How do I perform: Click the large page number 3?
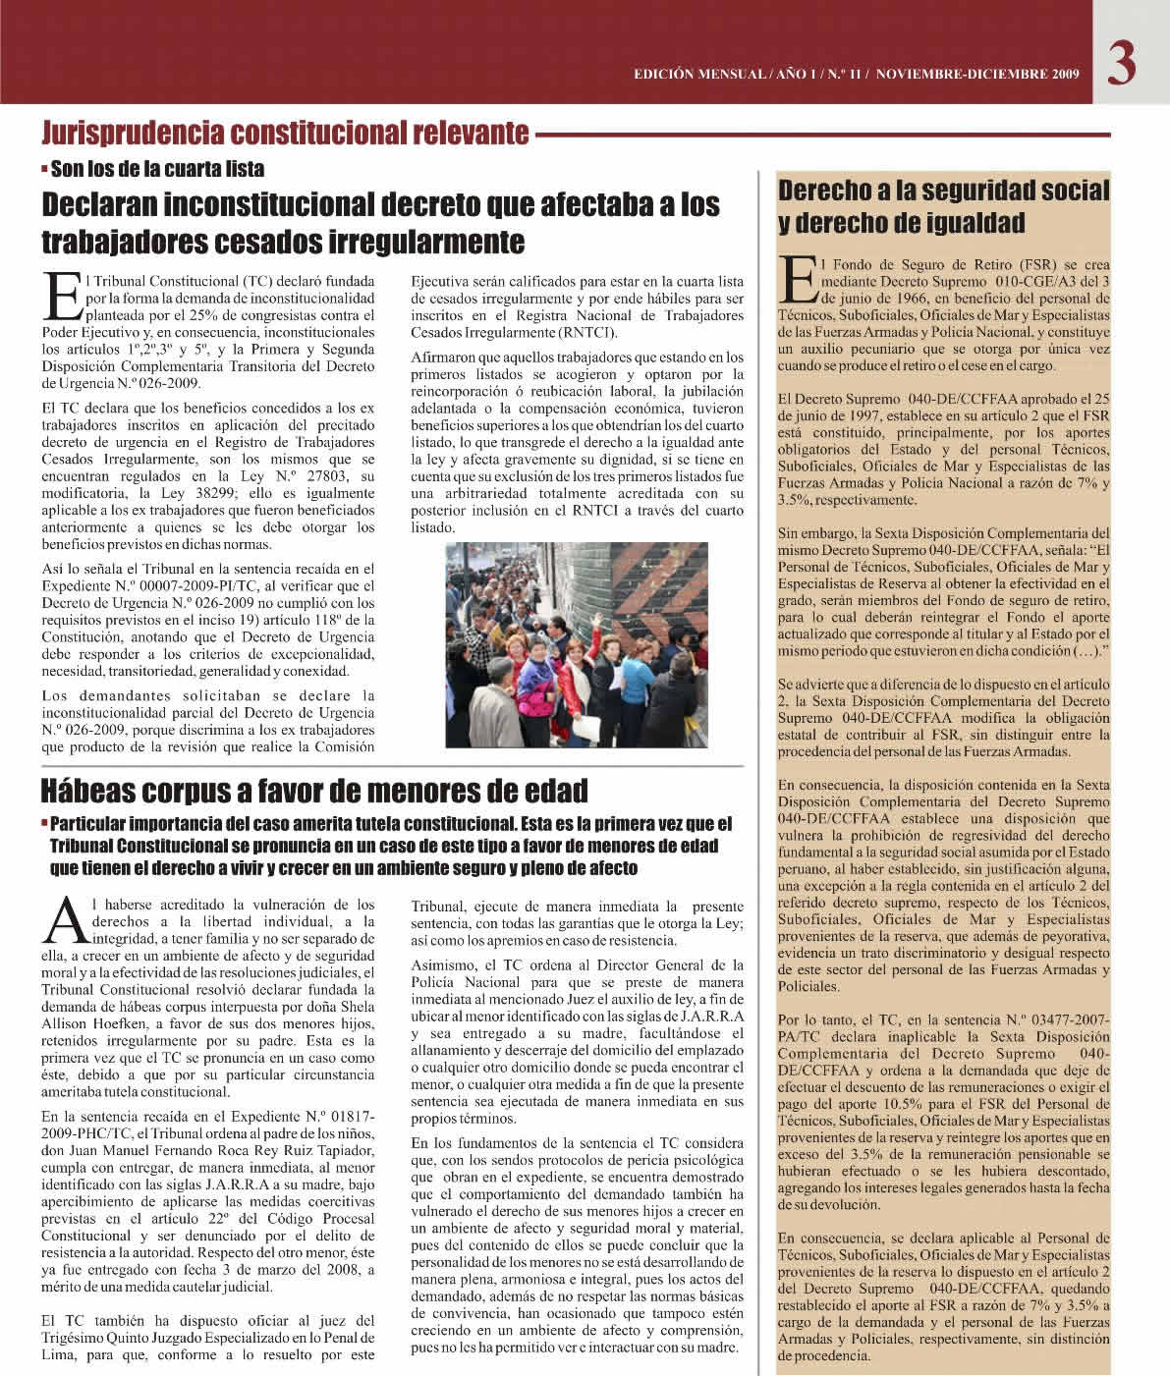click(1123, 65)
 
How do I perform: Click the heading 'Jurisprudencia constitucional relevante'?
click(285, 133)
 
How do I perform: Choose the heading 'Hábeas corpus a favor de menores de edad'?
click(314, 790)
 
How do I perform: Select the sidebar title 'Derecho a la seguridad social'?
click(943, 191)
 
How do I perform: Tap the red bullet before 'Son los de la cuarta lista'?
click(45, 169)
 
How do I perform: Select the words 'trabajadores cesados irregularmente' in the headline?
click(283, 240)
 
